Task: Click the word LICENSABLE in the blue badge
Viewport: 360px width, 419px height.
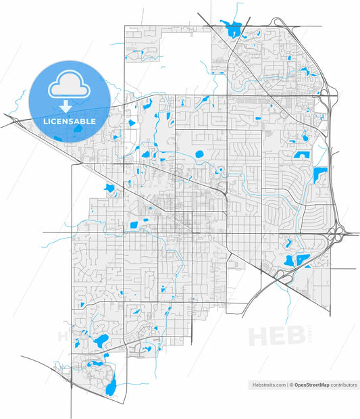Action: (69, 122)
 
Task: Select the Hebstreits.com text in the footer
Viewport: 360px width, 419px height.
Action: (268, 385)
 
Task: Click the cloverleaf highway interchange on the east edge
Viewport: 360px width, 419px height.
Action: (336, 234)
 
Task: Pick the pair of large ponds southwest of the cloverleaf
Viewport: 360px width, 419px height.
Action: (296, 260)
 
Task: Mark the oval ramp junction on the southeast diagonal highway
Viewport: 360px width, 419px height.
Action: (278, 274)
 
